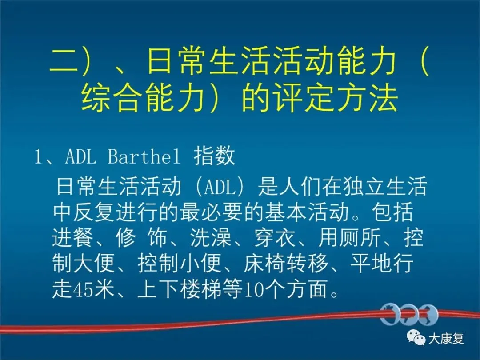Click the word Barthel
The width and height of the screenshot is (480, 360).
(x=144, y=156)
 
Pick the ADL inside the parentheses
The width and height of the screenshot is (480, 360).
(x=219, y=186)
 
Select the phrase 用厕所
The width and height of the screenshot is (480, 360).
(x=349, y=237)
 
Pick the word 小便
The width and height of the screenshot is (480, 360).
(x=200, y=263)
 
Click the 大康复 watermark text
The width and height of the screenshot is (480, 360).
(x=446, y=339)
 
